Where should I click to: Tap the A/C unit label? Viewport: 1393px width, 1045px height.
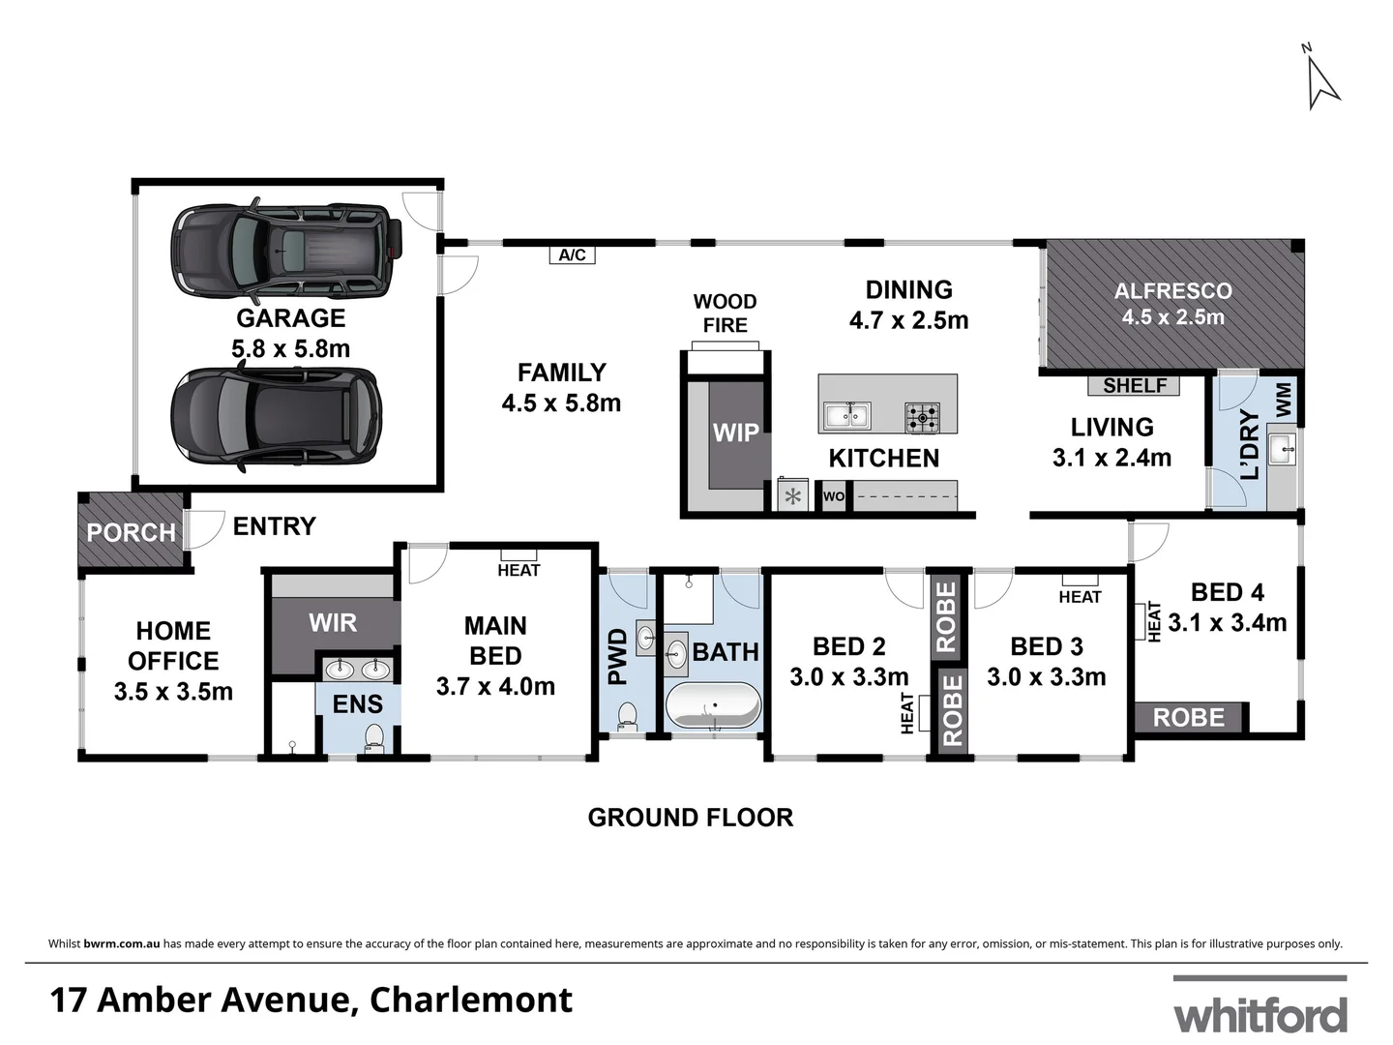pos(572,255)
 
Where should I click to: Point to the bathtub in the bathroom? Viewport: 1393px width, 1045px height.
pos(713,705)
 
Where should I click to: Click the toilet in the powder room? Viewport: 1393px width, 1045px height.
pos(627,715)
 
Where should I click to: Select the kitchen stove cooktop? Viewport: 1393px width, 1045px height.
pos(922,418)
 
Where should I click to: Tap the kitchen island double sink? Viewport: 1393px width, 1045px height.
pos(846,416)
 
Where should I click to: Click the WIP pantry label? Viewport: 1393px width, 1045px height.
pos(735,433)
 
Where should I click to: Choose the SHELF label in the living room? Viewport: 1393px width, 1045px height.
pos(1134,385)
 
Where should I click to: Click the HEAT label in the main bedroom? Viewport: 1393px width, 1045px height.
pos(519,570)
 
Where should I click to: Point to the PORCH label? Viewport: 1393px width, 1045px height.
pos(131,532)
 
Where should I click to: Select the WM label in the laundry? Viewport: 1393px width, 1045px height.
pos(1283,400)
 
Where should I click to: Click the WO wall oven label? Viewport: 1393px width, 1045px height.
pos(833,497)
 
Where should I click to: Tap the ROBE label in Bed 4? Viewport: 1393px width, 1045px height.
pos(1188,717)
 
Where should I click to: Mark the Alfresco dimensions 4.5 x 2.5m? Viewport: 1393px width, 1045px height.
pos(1172,317)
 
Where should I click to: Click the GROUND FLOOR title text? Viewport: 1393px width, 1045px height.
pos(690,818)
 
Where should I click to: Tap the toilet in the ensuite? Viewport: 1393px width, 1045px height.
pos(373,739)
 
